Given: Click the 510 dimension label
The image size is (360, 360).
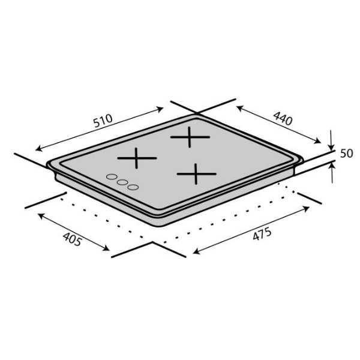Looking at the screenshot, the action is [103, 121].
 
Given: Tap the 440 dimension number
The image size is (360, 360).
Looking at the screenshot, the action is [283, 118].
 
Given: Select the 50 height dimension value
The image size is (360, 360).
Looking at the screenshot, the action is [346, 154].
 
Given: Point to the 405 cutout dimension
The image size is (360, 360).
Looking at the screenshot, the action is [72, 239].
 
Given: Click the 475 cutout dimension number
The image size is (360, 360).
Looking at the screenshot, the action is [262, 234].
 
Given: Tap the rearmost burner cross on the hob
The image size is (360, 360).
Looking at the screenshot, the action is [190, 137].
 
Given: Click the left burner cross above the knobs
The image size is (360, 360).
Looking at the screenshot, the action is [137, 158].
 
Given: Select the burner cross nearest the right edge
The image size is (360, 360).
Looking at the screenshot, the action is [196, 174].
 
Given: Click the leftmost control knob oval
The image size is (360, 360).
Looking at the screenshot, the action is [112, 177].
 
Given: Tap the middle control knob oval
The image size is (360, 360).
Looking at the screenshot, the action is [122, 182].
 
